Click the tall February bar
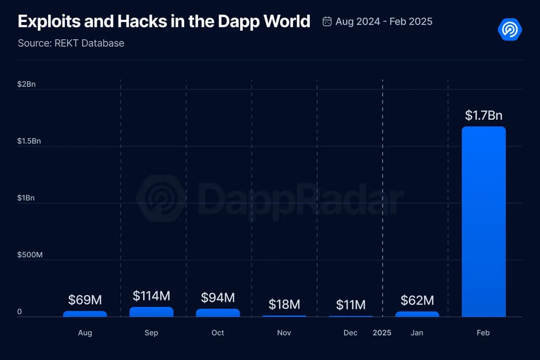tap(483, 221)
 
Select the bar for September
tap(151, 312)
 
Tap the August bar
tap(85, 314)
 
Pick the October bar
tap(218, 313)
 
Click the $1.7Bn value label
tap(483, 116)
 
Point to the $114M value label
tap(151, 296)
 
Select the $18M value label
tap(284, 304)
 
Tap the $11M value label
tap(351, 304)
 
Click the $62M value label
tap(417, 300)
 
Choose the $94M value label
tap(218, 297)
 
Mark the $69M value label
tap(85, 300)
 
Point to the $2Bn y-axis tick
tap(26, 84)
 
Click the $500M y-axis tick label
tap(30, 255)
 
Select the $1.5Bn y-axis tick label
tap(29, 141)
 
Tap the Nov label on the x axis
tap(284, 333)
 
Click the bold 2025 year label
tap(382, 333)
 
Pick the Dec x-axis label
tap(350, 333)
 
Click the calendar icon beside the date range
tap(327, 21)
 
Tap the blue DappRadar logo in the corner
tap(510, 30)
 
